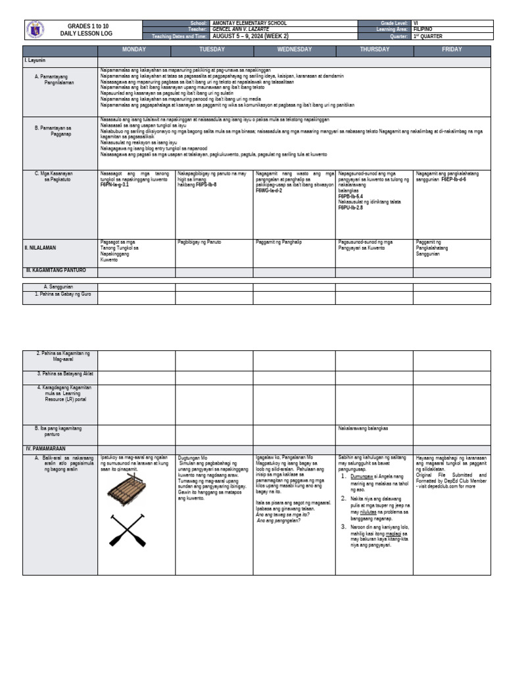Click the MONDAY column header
136,50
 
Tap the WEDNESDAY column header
294,50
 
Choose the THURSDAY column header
373,50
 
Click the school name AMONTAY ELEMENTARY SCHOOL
250,23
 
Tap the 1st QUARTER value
427,36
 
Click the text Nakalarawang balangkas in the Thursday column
363,428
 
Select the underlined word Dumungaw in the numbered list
360,477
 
